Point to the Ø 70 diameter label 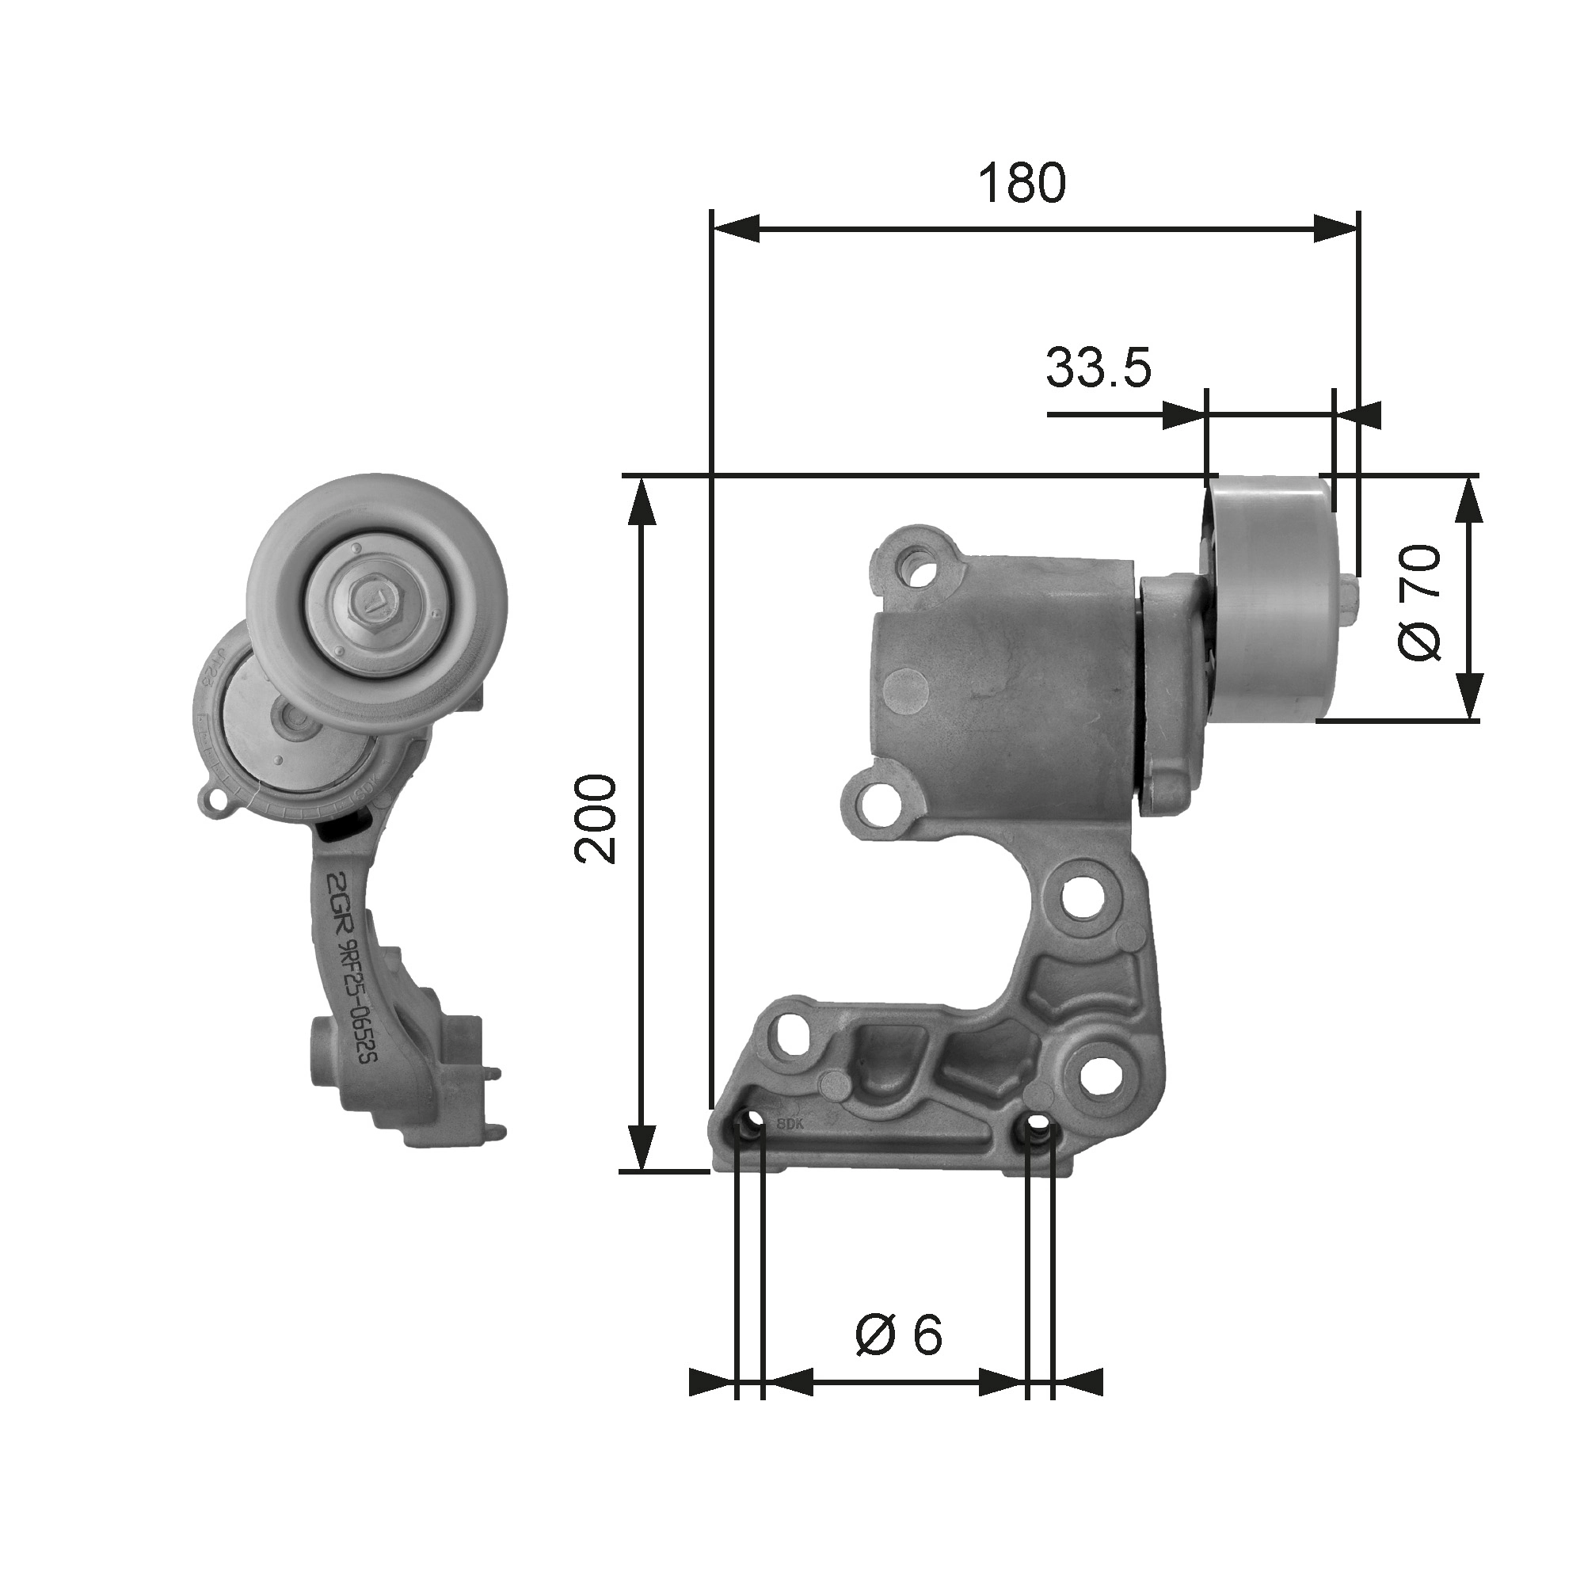[x=1418, y=604]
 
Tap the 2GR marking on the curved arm [x=339, y=896]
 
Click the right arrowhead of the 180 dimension [x=1336, y=229]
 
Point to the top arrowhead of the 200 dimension [x=642, y=500]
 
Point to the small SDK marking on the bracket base [x=786, y=1122]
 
